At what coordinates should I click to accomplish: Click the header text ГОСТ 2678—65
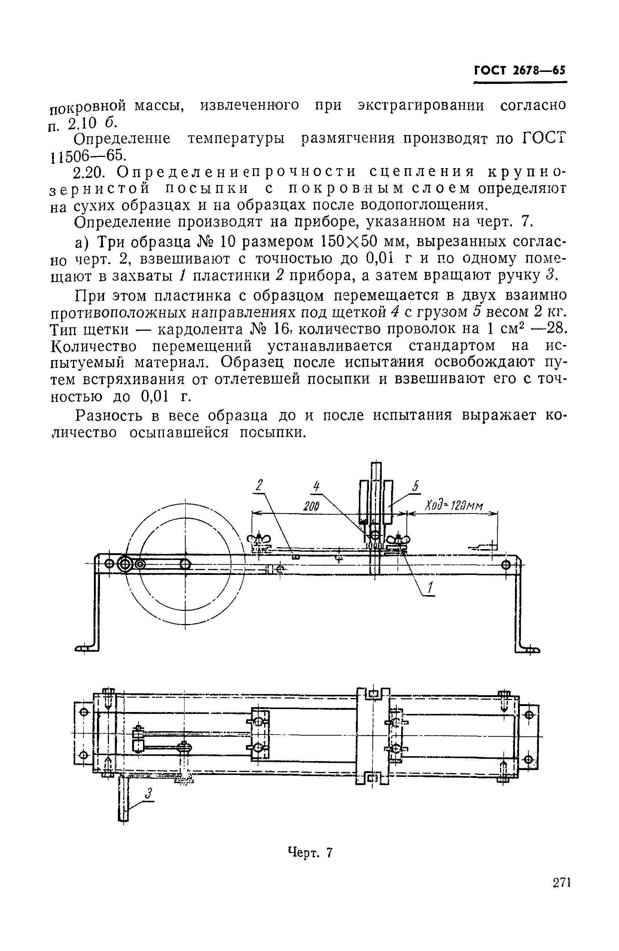click(519, 71)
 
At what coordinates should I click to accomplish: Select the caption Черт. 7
click(310, 853)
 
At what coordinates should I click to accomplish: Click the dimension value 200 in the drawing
click(311, 506)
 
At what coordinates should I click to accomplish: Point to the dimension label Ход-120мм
click(453, 506)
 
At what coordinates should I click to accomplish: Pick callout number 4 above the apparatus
click(317, 486)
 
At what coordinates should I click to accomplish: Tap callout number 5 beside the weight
click(415, 486)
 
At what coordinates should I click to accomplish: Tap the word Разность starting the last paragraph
click(109, 415)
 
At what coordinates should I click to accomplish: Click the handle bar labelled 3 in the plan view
click(124, 799)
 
